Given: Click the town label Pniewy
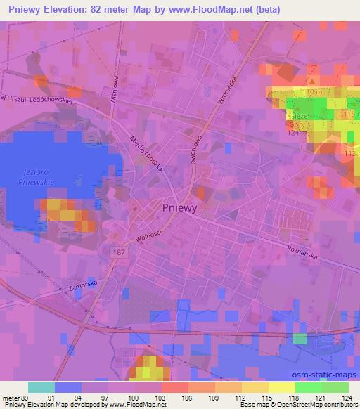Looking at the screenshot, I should pyautogui.click(x=180, y=207).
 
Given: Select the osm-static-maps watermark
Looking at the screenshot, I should pyautogui.click(x=327, y=375).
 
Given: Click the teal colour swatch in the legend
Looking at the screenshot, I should pyautogui.click(x=41, y=387).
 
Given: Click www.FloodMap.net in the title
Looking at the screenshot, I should pyautogui.click(x=219, y=10).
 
